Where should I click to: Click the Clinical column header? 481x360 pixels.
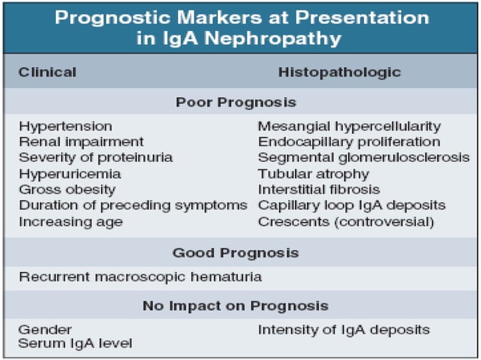click(x=47, y=72)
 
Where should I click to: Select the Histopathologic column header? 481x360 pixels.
click(x=339, y=72)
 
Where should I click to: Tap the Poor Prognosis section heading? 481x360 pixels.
click(x=235, y=102)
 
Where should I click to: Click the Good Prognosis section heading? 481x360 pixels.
click(x=235, y=253)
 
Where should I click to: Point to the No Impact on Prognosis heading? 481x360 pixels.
click(x=235, y=306)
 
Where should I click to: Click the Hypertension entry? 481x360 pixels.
click(x=66, y=126)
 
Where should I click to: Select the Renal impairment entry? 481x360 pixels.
click(x=81, y=142)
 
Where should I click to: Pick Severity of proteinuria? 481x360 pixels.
click(x=96, y=157)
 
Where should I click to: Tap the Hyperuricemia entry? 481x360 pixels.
click(x=70, y=173)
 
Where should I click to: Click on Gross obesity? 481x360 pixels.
click(x=68, y=189)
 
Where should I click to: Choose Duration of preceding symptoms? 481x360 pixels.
click(x=133, y=205)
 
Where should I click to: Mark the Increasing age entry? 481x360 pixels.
click(x=71, y=221)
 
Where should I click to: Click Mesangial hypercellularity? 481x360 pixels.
click(x=349, y=126)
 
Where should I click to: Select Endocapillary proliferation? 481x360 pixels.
click(x=349, y=142)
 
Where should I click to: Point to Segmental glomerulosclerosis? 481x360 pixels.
click(x=363, y=157)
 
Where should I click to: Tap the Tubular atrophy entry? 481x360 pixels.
click(x=314, y=173)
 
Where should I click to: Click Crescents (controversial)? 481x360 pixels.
click(x=346, y=221)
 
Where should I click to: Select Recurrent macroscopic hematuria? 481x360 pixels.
click(x=140, y=276)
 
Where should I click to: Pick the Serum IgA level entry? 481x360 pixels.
click(x=75, y=343)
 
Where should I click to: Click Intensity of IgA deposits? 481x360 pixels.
click(x=344, y=329)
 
